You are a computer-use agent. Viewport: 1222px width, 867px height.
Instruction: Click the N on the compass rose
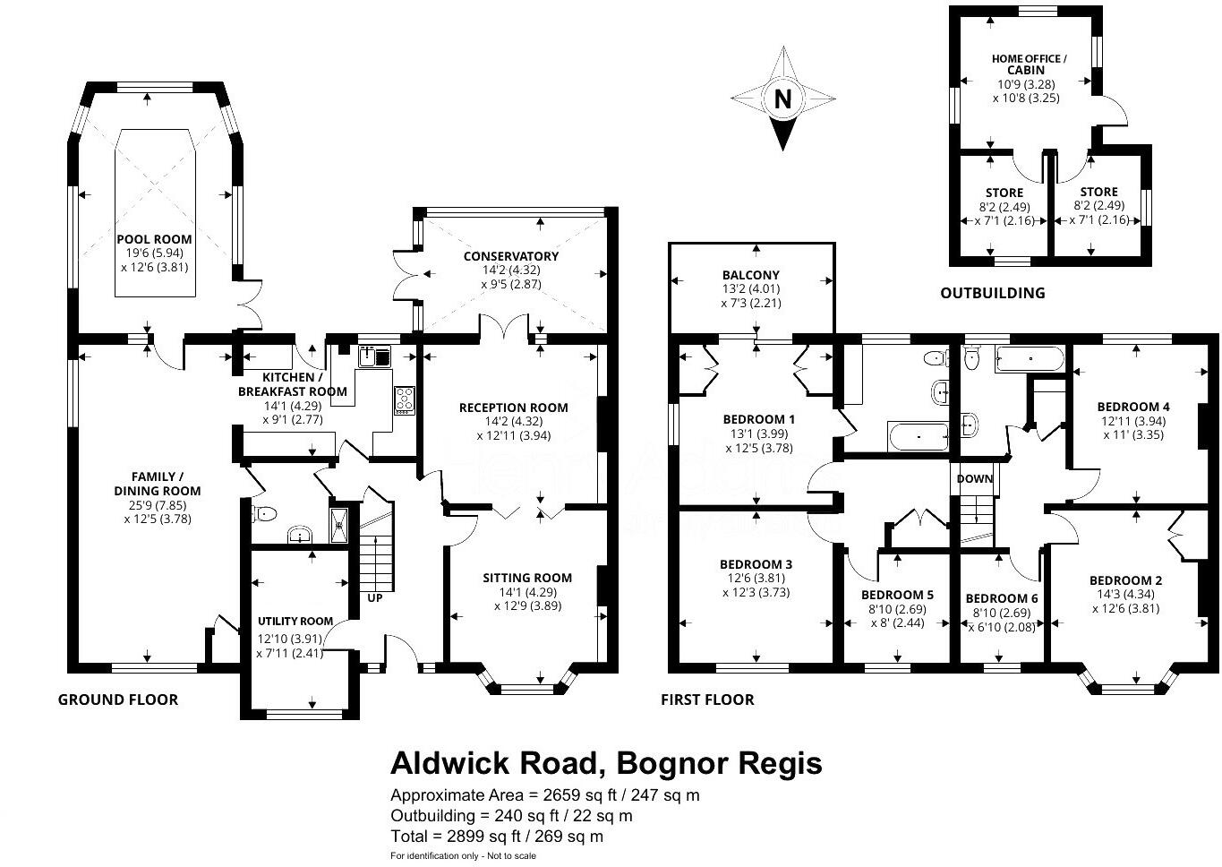coord(783,99)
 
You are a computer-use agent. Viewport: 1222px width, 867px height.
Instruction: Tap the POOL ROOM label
coord(154,239)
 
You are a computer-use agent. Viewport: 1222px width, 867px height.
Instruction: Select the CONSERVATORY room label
coord(511,256)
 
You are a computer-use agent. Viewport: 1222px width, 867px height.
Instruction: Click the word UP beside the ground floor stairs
coord(374,597)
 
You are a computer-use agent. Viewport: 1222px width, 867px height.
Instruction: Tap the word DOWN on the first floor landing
coord(975,478)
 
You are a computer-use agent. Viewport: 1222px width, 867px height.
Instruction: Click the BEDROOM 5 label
coord(897,595)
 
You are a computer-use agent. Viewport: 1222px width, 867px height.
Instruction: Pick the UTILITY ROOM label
coord(295,621)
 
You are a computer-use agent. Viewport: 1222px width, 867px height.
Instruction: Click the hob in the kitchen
coord(404,399)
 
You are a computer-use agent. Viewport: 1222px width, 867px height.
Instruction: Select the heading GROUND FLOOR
coord(118,700)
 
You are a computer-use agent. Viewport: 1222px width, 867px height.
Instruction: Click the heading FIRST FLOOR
coord(707,700)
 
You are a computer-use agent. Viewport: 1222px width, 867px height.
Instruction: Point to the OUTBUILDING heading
coord(992,293)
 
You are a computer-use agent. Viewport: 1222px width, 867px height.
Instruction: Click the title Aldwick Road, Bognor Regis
coord(606,763)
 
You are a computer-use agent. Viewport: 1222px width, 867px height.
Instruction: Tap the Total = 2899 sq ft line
coord(497,837)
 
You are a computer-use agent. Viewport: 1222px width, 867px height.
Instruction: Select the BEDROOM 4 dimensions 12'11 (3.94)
coord(1133,421)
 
